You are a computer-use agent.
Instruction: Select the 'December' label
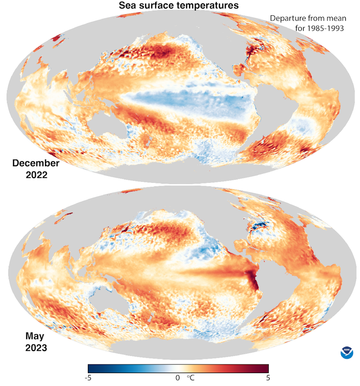(x=36, y=163)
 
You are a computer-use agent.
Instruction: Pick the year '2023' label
(x=36, y=347)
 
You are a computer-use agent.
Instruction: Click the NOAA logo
(x=347, y=353)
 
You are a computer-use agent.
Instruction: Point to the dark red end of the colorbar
(x=265, y=368)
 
